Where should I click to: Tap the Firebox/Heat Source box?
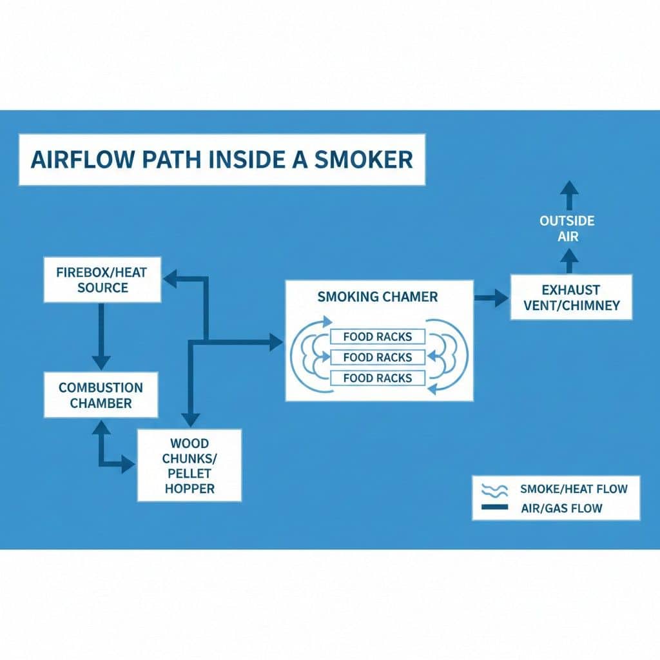(x=102, y=280)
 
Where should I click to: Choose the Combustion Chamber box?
(x=101, y=395)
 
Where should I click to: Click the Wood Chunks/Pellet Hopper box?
(x=189, y=465)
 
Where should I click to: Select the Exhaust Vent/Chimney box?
(x=571, y=297)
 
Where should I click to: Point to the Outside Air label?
(x=567, y=229)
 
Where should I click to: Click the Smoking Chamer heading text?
(x=378, y=297)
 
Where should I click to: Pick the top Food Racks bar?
(x=378, y=336)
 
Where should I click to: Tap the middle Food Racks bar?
(x=378, y=357)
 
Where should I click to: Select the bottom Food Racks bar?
(x=378, y=378)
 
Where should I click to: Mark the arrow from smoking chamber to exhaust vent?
(x=491, y=297)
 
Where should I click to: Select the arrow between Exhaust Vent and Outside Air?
(x=569, y=261)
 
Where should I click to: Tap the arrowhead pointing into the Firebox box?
(x=170, y=278)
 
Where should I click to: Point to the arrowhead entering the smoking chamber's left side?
(x=275, y=342)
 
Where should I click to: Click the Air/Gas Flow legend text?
(x=561, y=508)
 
